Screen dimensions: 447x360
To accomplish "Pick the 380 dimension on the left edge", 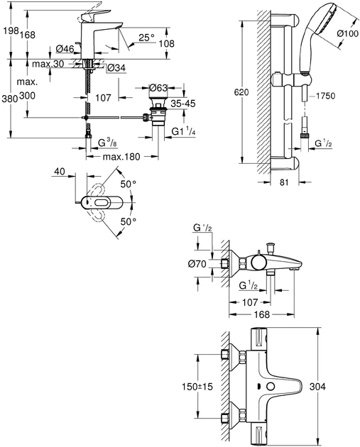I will pyautogui.click(x=9, y=99).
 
